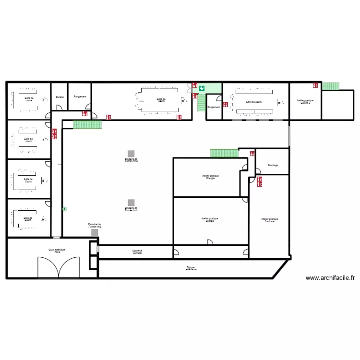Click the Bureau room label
60,96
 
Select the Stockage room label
272,165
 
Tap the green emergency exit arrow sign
202,88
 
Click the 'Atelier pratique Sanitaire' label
270,220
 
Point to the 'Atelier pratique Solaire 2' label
304,101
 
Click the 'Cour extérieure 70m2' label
57,251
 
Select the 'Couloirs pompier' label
137,252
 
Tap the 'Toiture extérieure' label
191,269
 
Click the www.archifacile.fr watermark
330,277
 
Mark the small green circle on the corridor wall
64,209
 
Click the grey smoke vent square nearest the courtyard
95,232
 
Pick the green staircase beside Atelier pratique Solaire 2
330,86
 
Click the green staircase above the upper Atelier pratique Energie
224,153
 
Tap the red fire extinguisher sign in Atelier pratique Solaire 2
315,85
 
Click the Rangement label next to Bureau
80,96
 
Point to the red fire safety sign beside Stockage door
252,154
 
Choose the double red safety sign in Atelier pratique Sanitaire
260,181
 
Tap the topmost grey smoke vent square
131,153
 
